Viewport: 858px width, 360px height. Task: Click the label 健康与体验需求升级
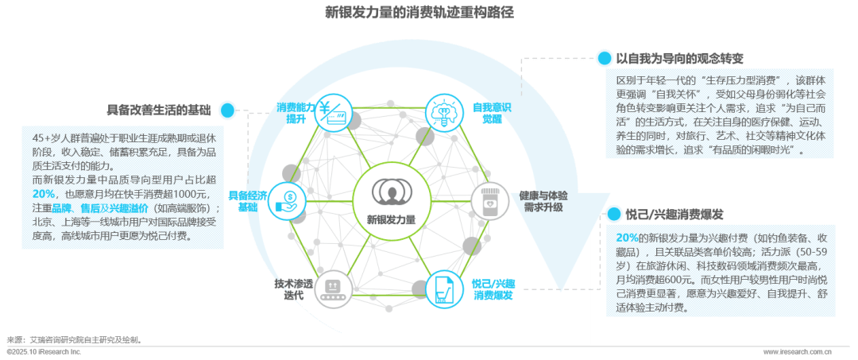pos(543,200)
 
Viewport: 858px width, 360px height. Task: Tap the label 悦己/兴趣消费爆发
pos(492,289)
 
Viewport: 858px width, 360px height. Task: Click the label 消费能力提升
pos(296,113)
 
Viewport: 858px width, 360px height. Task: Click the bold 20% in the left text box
pos(44,193)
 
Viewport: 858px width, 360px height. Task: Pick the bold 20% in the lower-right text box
pos(628,238)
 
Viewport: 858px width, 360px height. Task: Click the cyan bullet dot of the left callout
pos(228,110)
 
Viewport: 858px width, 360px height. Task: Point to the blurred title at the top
pos(428,13)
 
